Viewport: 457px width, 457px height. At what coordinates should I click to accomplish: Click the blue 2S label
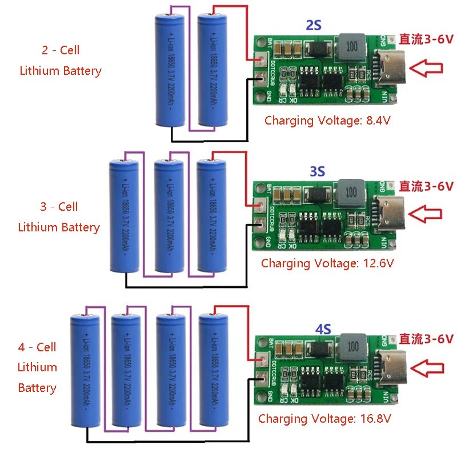[x=314, y=25]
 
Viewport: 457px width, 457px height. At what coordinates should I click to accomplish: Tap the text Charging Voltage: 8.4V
[x=327, y=121]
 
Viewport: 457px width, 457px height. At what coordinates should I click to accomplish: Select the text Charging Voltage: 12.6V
[x=327, y=263]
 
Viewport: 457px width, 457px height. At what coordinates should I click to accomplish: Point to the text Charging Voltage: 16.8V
[x=324, y=418]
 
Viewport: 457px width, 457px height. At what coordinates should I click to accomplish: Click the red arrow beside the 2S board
[x=427, y=69]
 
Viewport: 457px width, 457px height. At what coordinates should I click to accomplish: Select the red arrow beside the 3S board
[x=427, y=214]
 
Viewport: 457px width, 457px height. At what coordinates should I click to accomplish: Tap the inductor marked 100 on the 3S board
[x=350, y=190]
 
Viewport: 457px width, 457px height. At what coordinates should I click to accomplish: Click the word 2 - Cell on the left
[x=61, y=50]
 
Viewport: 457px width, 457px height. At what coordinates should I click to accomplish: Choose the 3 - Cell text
[x=59, y=206]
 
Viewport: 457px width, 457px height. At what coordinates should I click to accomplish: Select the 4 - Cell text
[x=37, y=347]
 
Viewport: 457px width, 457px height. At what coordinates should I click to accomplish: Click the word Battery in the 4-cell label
[x=37, y=388]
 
